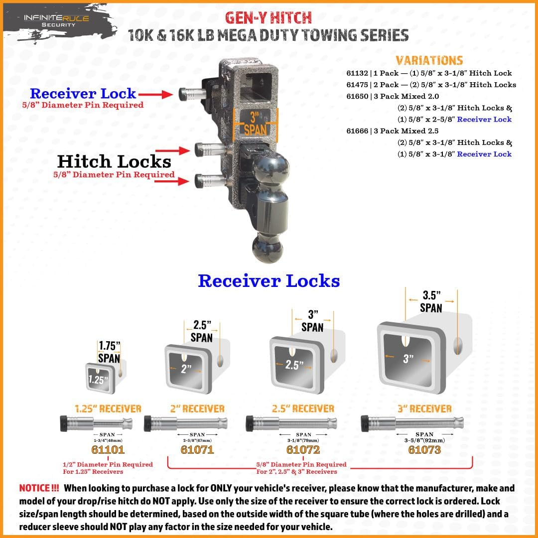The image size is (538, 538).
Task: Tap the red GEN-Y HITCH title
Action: point(269,17)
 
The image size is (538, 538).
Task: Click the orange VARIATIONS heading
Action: point(429,60)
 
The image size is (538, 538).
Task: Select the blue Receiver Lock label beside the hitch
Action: point(83,93)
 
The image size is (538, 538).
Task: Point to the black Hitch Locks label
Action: point(114,161)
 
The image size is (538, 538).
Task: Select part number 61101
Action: point(108,449)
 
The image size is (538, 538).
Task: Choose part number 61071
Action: point(197,449)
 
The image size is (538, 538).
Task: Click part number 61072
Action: point(303,449)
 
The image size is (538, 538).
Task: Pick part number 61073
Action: point(424,449)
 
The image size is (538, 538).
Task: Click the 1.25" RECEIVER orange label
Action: point(108,409)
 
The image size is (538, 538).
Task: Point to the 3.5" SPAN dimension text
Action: point(431,302)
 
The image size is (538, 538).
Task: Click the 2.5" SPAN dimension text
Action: point(202,331)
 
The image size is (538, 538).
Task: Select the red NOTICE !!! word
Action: point(39,488)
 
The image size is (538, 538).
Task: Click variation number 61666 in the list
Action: point(357,131)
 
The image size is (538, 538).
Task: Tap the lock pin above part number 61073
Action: point(412,423)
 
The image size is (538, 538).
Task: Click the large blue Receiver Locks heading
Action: point(269,280)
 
